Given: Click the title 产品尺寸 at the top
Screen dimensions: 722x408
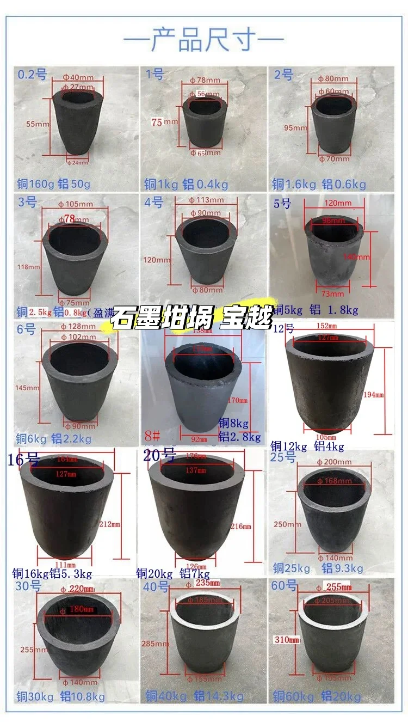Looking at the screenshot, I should (204, 39).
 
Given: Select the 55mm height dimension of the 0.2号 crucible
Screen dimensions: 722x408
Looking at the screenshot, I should (38, 124).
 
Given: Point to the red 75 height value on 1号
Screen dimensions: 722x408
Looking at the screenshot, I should (157, 123).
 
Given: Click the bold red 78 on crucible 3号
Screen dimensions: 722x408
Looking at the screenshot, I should (70, 218).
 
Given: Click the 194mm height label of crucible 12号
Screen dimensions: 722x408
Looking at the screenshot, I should (383, 394).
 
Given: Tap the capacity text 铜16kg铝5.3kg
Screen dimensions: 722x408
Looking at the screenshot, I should (53, 573).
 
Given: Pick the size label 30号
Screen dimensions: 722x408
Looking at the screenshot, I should (29, 586).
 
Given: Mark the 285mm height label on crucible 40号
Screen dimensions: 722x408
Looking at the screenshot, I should (156, 644).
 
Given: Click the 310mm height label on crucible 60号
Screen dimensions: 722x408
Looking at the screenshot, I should (287, 640).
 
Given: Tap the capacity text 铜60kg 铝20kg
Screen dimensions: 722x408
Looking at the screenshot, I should (317, 696).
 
